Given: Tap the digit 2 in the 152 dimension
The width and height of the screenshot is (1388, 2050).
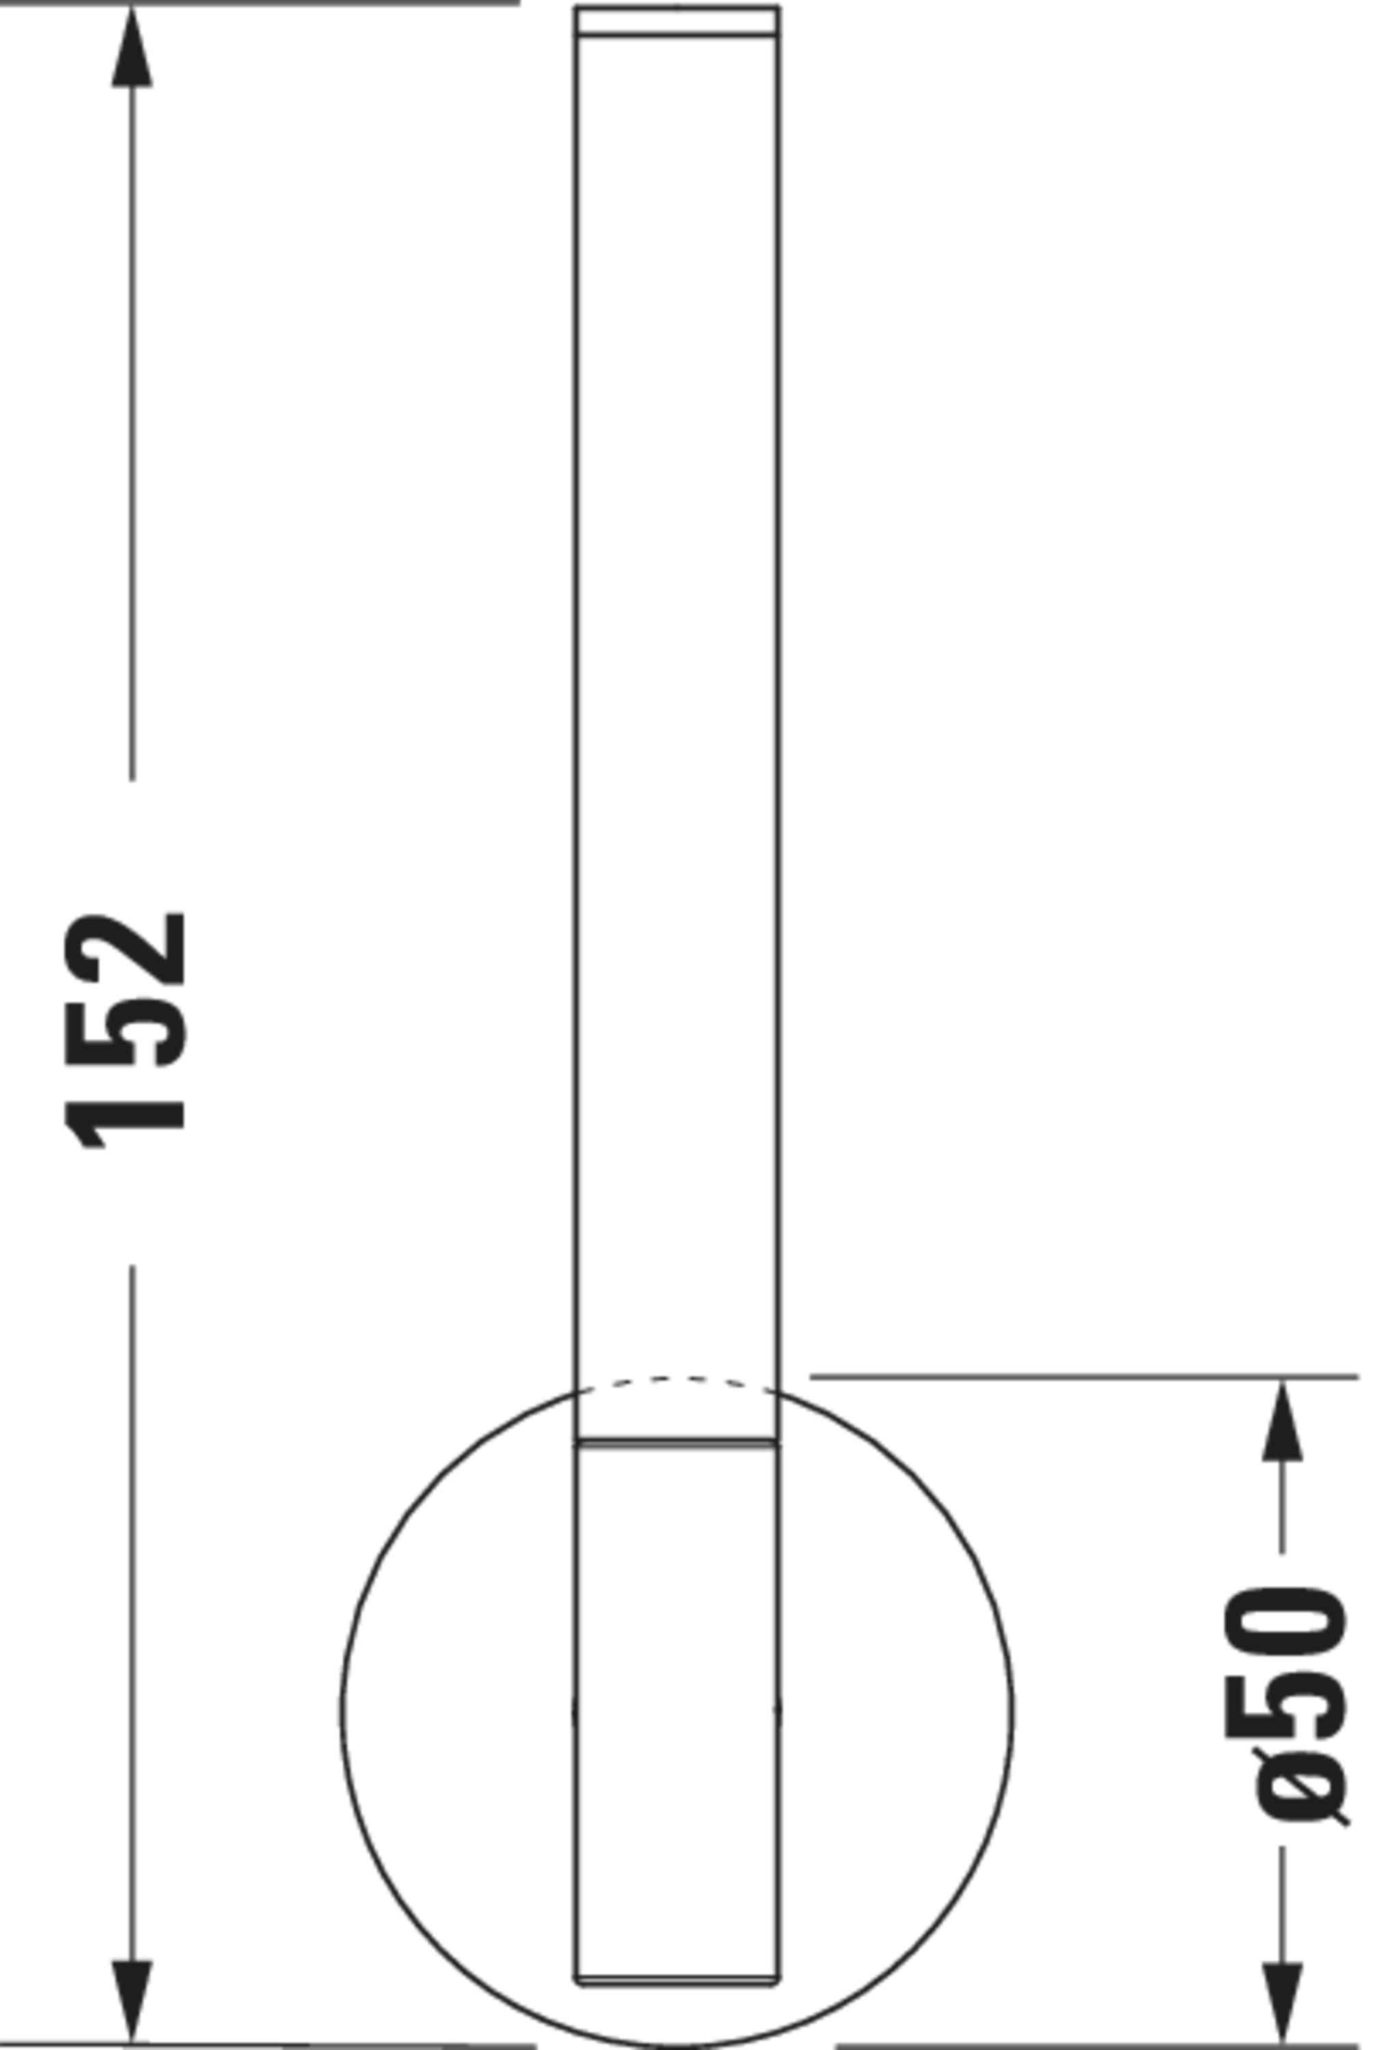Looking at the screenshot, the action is tap(124, 949).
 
